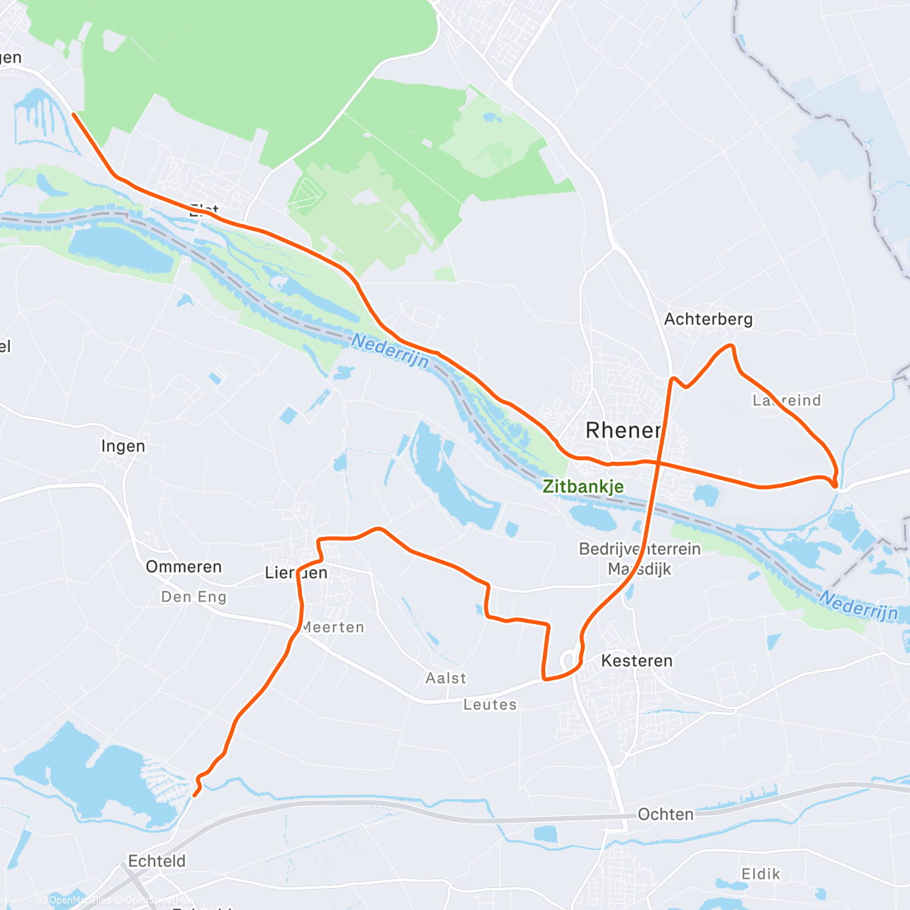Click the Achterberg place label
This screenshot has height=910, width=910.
[x=708, y=319]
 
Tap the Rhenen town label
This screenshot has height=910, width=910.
[x=623, y=431]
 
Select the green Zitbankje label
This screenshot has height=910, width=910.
[x=583, y=487]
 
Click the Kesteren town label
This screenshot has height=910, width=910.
[x=636, y=661]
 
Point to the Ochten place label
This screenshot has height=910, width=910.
[x=665, y=814]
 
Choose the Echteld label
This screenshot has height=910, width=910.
[x=156, y=861]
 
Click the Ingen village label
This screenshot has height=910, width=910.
[x=123, y=446]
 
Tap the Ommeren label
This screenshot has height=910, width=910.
[x=184, y=567]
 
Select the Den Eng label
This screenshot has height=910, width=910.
[x=193, y=597]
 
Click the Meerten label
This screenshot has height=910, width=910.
[x=333, y=627]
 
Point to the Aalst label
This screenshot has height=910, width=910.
[x=446, y=678]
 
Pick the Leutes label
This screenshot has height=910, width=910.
[x=490, y=704]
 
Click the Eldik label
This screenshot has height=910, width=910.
[x=761, y=874]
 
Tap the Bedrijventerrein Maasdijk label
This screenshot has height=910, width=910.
[x=639, y=558]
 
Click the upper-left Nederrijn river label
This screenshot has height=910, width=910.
[x=390, y=352]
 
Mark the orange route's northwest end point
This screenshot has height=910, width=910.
[x=73, y=114]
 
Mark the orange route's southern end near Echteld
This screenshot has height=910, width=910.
[x=195, y=795]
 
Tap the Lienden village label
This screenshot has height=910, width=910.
[x=296, y=573]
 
